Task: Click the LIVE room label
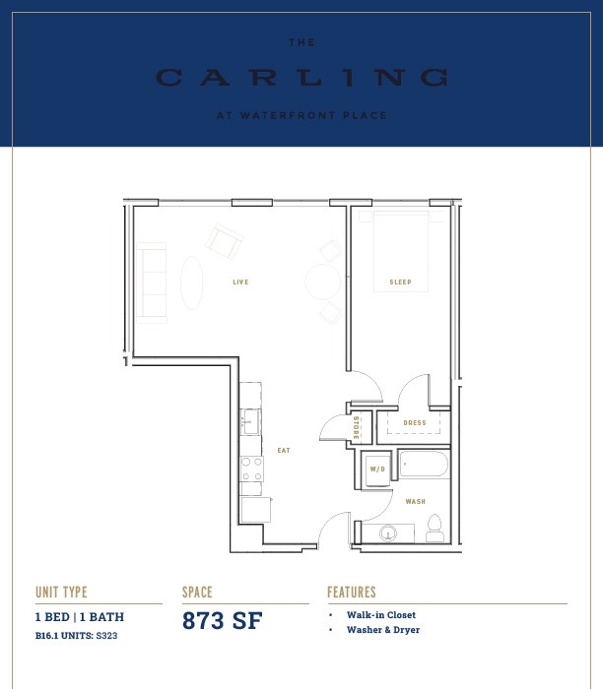tap(240, 282)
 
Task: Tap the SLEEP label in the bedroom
tap(400, 282)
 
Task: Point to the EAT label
tap(284, 451)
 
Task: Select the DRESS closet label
tap(415, 422)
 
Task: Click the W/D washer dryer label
tap(377, 470)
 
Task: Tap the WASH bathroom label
tap(415, 501)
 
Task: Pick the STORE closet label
tap(356, 427)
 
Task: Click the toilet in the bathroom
tap(435, 528)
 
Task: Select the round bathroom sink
tap(388, 533)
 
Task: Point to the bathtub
tap(424, 465)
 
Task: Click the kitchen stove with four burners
tap(252, 469)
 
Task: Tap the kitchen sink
tap(250, 422)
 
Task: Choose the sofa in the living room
tap(152, 283)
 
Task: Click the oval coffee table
tap(192, 282)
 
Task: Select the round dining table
tap(323, 282)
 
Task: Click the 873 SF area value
tap(222, 620)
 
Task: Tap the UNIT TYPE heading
tap(61, 593)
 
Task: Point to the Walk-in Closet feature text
tap(381, 615)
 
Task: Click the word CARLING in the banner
tap(302, 78)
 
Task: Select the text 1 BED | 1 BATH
tap(80, 617)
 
